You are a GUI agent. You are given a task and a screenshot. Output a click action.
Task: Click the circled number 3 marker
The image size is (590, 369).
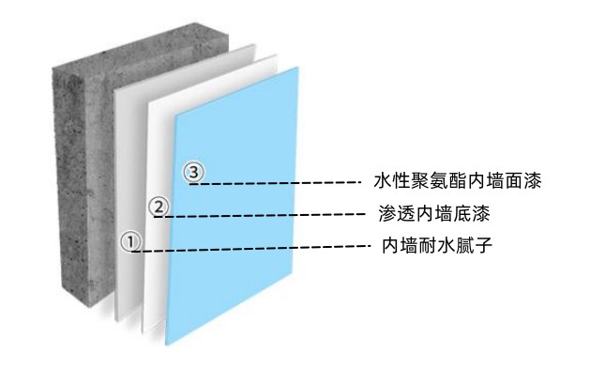(194, 172)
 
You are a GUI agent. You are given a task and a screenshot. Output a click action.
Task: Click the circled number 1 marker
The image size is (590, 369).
(132, 241)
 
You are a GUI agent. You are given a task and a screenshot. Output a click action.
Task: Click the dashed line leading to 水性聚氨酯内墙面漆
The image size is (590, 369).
(281, 183)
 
